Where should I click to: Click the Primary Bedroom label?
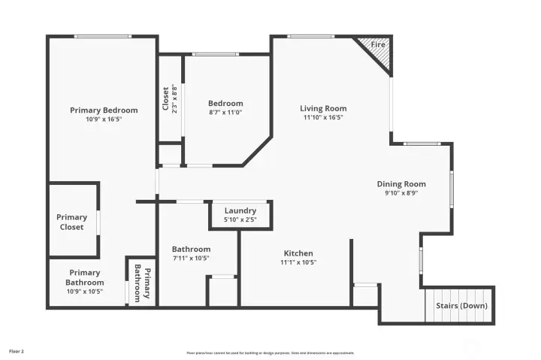click(104, 110)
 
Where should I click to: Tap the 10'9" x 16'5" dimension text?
click(104, 119)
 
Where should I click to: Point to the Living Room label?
click(323, 109)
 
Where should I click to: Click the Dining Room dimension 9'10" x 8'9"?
click(401, 193)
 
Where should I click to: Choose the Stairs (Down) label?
click(461, 306)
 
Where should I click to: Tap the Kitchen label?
click(298, 253)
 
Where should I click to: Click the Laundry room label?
click(240, 210)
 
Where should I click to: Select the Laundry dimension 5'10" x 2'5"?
click(240, 219)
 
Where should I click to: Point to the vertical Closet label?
click(166, 98)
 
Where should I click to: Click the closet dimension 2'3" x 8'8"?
click(174, 98)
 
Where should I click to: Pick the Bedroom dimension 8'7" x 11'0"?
click(225, 112)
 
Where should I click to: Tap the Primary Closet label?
click(71, 222)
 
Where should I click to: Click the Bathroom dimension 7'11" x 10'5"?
click(191, 258)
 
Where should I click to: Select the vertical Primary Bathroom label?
click(142, 282)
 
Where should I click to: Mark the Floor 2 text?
click(17, 351)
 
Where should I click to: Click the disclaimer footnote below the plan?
click(270, 352)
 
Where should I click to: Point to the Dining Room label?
click(401, 184)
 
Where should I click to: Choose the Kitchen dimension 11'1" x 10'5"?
click(298, 262)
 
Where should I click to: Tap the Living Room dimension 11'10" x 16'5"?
click(323, 117)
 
